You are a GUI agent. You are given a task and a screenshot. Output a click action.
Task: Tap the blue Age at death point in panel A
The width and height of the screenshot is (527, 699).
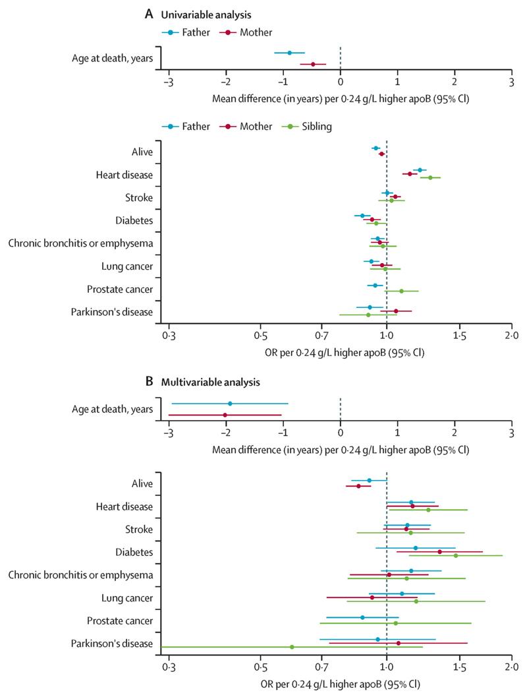[289, 53]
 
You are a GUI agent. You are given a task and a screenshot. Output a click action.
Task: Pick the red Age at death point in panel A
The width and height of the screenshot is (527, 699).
[313, 64]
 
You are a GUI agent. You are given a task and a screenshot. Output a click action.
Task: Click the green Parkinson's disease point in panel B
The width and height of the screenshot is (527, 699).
[292, 647]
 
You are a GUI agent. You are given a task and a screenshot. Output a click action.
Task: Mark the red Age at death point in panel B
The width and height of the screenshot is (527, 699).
[225, 415]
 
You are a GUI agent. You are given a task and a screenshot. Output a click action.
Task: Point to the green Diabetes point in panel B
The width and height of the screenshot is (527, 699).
[456, 555]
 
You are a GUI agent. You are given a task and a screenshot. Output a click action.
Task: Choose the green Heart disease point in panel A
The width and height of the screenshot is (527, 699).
[430, 177]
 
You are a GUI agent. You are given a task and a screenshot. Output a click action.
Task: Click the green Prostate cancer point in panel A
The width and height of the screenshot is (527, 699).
[401, 291]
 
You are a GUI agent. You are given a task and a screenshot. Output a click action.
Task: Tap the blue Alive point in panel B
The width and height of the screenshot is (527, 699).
[370, 480]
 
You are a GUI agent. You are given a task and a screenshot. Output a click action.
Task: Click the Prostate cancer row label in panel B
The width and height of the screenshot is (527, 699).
[120, 621]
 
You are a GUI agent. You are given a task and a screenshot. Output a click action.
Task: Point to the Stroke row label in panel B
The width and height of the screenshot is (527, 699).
[138, 530]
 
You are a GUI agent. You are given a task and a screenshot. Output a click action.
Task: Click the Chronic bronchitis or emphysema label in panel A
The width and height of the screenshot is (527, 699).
[80, 243]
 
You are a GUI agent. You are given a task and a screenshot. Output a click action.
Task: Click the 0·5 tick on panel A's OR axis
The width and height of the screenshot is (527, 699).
[261, 336]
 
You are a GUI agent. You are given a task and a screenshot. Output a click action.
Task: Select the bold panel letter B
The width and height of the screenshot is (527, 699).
[150, 382]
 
